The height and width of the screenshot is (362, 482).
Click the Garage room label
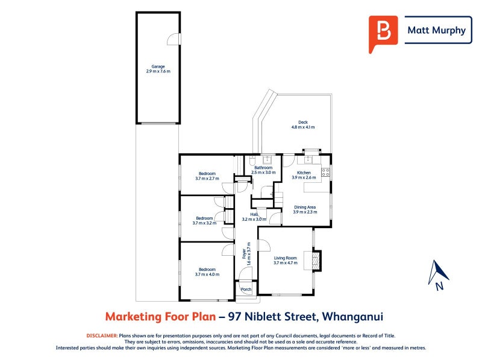[x=158, y=69]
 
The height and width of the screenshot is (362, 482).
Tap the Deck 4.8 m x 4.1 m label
[x=302, y=124]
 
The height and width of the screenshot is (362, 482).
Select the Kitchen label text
[x=304, y=175]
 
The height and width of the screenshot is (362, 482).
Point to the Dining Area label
[x=304, y=209]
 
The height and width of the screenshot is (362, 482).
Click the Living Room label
[x=285, y=260]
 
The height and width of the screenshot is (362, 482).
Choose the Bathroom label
[x=263, y=170]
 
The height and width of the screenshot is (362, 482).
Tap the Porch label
[x=246, y=290]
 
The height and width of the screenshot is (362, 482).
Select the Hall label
[x=254, y=217]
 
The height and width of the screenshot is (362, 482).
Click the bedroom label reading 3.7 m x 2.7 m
[x=207, y=176]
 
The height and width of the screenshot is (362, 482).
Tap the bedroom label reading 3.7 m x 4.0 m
[x=207, y=271]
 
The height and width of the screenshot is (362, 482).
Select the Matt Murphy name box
[x=437, y=30]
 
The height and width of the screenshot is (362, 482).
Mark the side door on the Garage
[x=174, y=39]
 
